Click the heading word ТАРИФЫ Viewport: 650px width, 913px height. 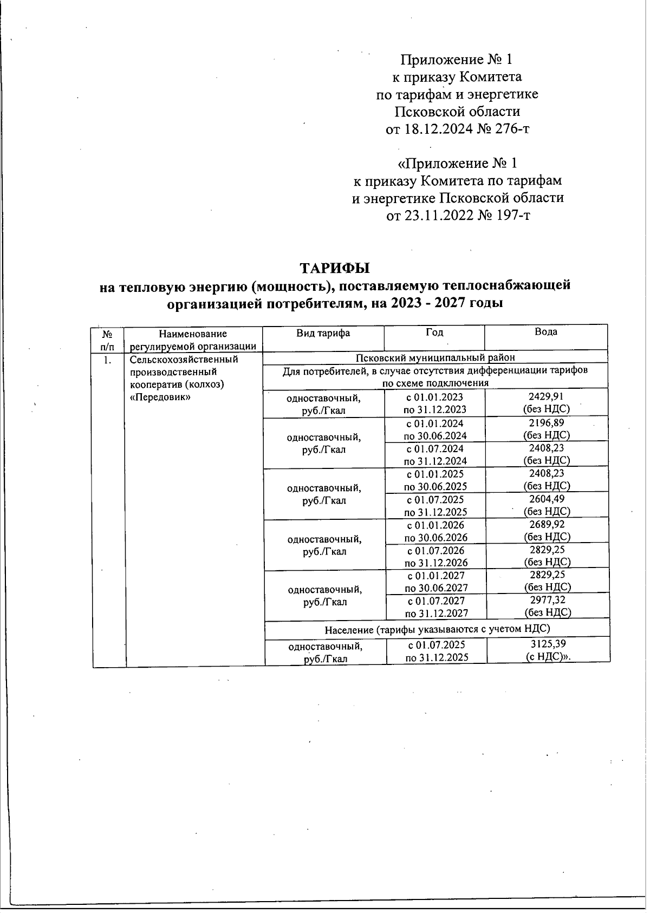pos(335,268)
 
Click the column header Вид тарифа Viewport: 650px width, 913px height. pos(323,333)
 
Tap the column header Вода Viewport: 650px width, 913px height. pos(545,332)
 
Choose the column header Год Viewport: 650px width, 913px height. pos(434,332)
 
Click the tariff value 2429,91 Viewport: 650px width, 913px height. pos(545,397)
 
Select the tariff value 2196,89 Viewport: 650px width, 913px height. pos(546,423)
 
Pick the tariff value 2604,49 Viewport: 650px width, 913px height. pos(546,499)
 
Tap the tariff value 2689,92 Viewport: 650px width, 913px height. pos(547,524)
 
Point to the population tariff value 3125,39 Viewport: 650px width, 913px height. pos(548,644)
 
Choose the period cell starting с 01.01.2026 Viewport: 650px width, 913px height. pos(435,531)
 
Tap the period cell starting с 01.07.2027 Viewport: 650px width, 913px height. pos(437,607)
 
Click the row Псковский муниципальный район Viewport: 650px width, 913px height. pos(434,357)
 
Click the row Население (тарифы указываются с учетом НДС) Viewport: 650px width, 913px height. pos(437,629)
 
